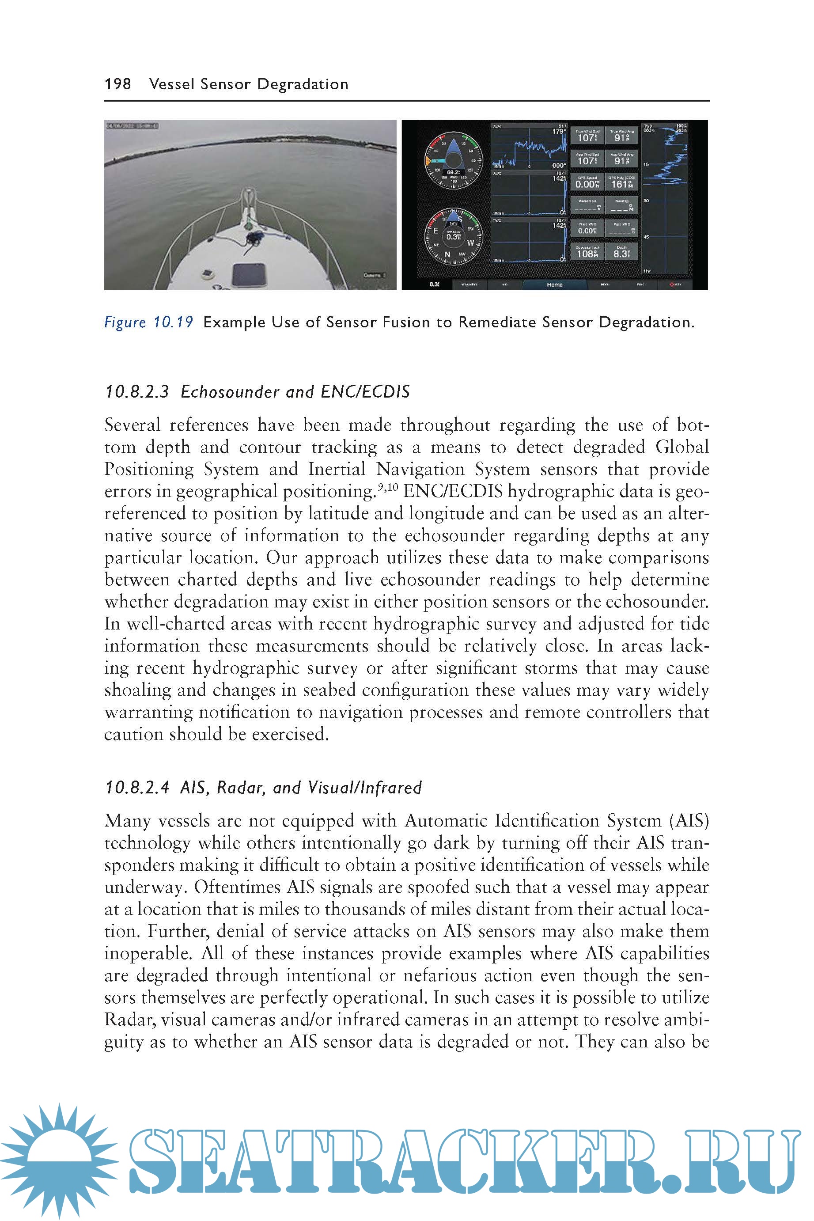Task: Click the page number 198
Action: [118, 83]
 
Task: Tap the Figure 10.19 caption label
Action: [148, 322]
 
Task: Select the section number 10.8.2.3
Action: [137, 391]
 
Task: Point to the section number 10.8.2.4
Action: [137, 788]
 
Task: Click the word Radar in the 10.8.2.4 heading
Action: [239, 788]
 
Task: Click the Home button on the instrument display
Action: [554, 284]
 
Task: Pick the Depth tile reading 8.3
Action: [621, 252]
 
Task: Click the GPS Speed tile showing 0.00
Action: [587, 182]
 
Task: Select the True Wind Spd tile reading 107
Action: [587, 136]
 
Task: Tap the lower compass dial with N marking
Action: [453, 236]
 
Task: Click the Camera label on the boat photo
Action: [374, 275]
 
